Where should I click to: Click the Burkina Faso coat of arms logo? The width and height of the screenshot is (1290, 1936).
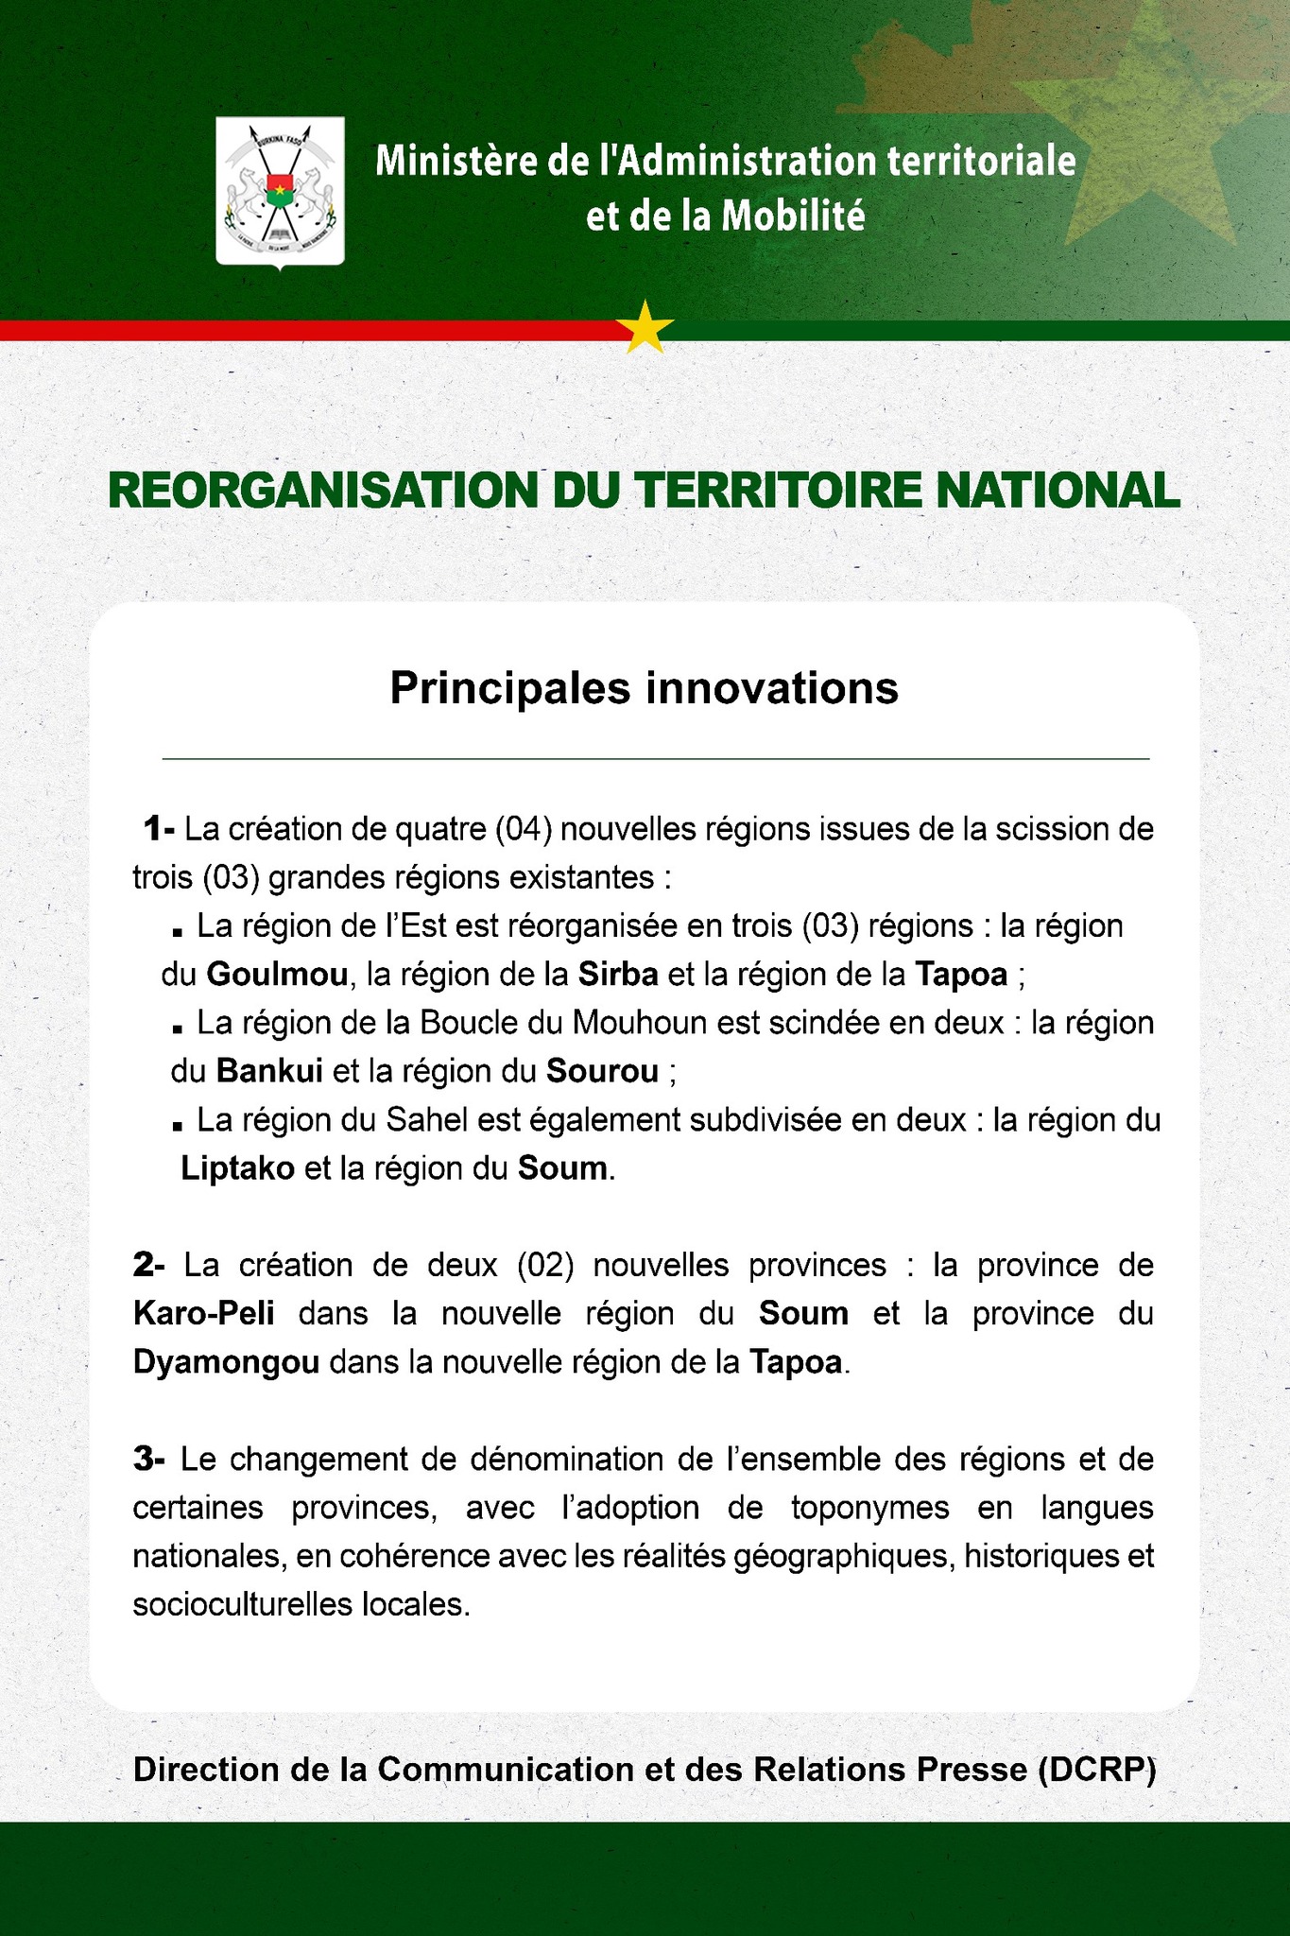click(x=280, y=191)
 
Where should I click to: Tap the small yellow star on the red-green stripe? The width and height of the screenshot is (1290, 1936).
click(x=645, y=327)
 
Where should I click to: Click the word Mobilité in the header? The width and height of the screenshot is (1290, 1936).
click(x=793, y=217)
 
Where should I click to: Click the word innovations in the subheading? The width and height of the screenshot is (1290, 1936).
click(x=772, y=688)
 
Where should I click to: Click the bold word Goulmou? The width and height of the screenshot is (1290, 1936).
click(x=277, y=974)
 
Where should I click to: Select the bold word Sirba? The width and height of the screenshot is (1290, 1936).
click(x=617, y=974)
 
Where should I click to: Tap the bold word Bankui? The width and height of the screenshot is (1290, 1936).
click(x=270, y=1071)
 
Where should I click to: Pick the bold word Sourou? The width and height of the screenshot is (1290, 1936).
click(x=602, y=1071)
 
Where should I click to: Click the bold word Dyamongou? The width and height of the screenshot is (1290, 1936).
click(x=226, y=1362)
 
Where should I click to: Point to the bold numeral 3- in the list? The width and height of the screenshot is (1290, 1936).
click(x=149, y=1459)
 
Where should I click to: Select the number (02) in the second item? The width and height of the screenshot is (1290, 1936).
click(x=546, y=1265)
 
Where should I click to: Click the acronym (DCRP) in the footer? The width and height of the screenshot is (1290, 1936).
click(x=1096, y=1770)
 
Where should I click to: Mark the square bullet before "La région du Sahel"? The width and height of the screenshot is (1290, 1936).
click(x=177, y=1126)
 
